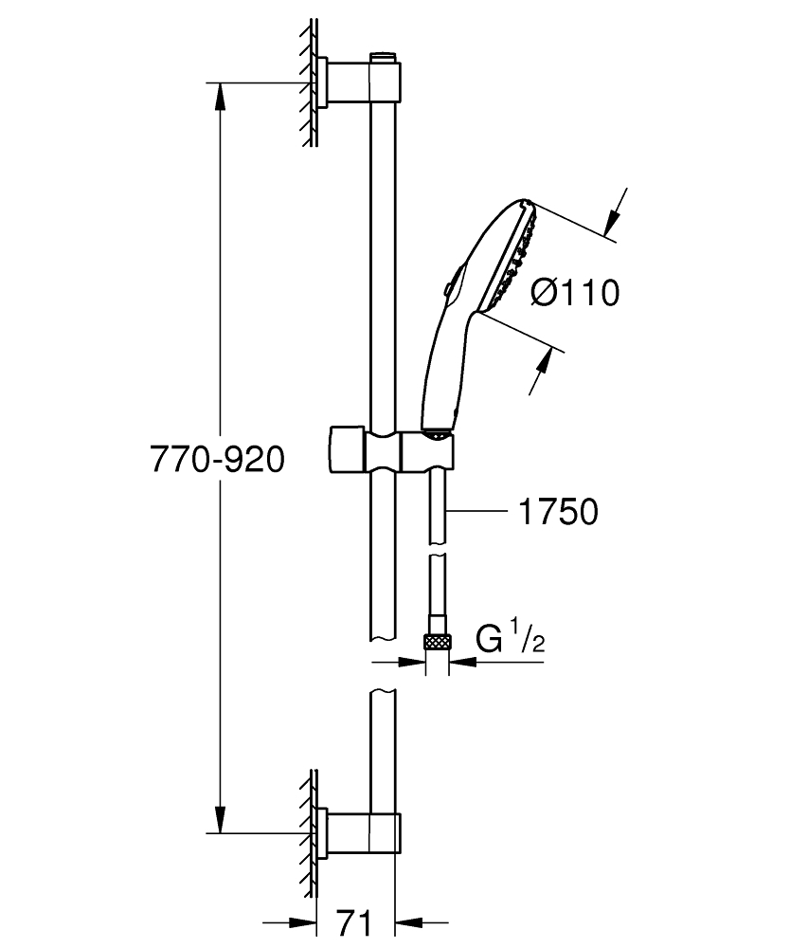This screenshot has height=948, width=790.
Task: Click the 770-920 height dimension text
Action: [x=217, y=461]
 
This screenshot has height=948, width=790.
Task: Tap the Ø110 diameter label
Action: [x=575, y=294]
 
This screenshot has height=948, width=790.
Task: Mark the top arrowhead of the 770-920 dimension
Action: [x=220, y=95]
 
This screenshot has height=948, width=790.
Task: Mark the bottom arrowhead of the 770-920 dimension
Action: [x=220, y=820]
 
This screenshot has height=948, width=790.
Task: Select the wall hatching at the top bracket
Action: [x=307, y=85]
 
